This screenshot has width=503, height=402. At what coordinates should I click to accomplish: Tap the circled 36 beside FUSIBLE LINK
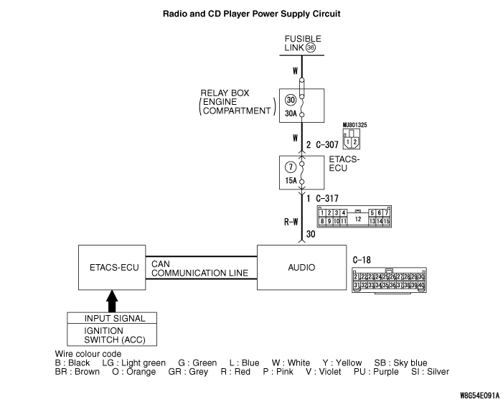click(x=310, y=47)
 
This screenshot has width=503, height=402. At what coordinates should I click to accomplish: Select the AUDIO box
click(x=301, y=267)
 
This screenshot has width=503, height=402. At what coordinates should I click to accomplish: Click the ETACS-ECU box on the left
click(x=111, y=267)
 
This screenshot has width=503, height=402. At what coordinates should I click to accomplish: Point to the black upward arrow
click(x=111, y=300)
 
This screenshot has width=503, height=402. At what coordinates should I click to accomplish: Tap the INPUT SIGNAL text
click(x=115, y=318)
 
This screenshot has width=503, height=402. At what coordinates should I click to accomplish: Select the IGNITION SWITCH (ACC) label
click(x=115, y=335)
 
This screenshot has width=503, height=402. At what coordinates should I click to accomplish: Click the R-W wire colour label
click(x=291, y=222)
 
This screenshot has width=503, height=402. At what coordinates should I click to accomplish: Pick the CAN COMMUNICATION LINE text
click(x=199, y=268)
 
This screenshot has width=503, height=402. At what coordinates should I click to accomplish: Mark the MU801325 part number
click(x=354, y=125)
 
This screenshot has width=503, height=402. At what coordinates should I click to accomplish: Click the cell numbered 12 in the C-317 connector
click(x=357, y=217)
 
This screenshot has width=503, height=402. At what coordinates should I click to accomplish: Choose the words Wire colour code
click(x=88, y=354)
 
